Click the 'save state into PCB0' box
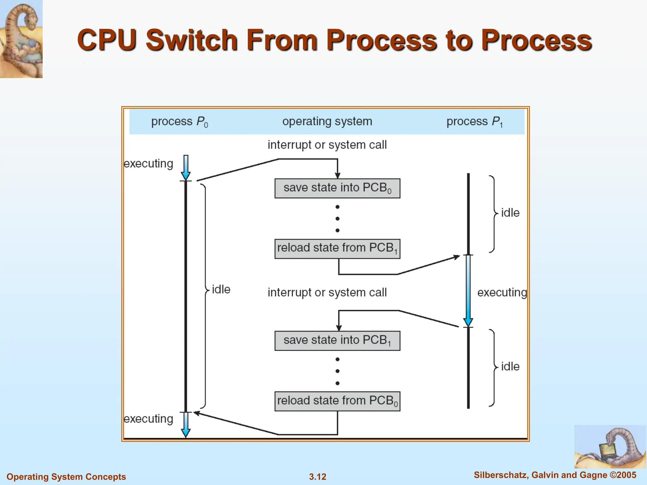pyautogui.click(x=337, y=188)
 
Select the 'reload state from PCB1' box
pyautogui.click(x=337, y=249)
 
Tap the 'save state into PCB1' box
pyautogui.click(x=337, y=341)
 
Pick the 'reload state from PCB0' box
pyautogui.click(x=337, y=401)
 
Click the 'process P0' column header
pyautogui.click(x=179, y=122)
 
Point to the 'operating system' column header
pyautogui.click(x=327, y=121)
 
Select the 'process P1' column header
pyautogui.click(x=474, y=122)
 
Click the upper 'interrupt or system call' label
pyautogui.click(x=327, y=145)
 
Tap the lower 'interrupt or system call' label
pyautogui.click(x=327, y=292)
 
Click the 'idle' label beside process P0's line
pyautogui.click(x=221, y=289)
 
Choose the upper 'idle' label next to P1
pyautogui.click(x=510, y=213)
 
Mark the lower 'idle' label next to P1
pyautogui.click(x=510, y=367)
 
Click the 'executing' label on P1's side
pyautogui.click(x=502, y=292)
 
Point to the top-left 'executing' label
pyautogui.click(x=148, y=164)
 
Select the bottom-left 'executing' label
pyautogui.click(x=148, y=419)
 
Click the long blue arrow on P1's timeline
pyautogui.click(x=468, y=290)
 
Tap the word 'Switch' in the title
pyautogui.click(x=191, y=40)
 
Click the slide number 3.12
pyautogui.click(x=317, y=476)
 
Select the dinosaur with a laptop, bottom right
pyautogui.click(x=610, y=446)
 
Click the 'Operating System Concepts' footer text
pyautogui.click(x=66, y=476)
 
